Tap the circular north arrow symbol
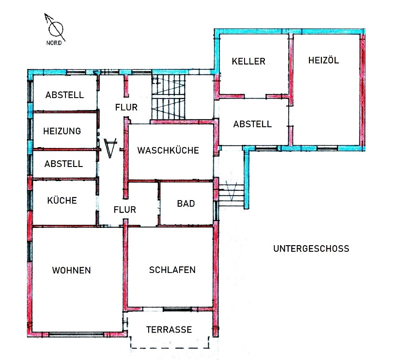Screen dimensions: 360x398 point(56,29)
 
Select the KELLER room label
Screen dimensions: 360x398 point(249,61)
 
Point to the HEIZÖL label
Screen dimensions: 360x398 point(324,61)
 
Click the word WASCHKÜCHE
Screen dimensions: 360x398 point(168,150)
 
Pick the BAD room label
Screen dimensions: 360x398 point(186,204)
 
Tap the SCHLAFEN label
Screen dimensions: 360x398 point(172,269)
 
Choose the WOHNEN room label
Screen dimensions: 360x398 point(71,270)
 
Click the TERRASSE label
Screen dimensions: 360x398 point(169,330)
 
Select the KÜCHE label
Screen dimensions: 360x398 point(62,200)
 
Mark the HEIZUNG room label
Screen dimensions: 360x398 point(62,131)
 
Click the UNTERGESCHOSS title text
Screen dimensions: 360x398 point(311,248)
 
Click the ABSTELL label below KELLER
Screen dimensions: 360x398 point(253,124)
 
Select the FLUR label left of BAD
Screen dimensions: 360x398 point(125,210)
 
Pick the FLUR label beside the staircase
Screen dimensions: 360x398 point(126,107)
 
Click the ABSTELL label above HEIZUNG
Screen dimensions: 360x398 point(65,95)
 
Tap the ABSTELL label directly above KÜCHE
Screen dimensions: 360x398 point(64,163)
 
